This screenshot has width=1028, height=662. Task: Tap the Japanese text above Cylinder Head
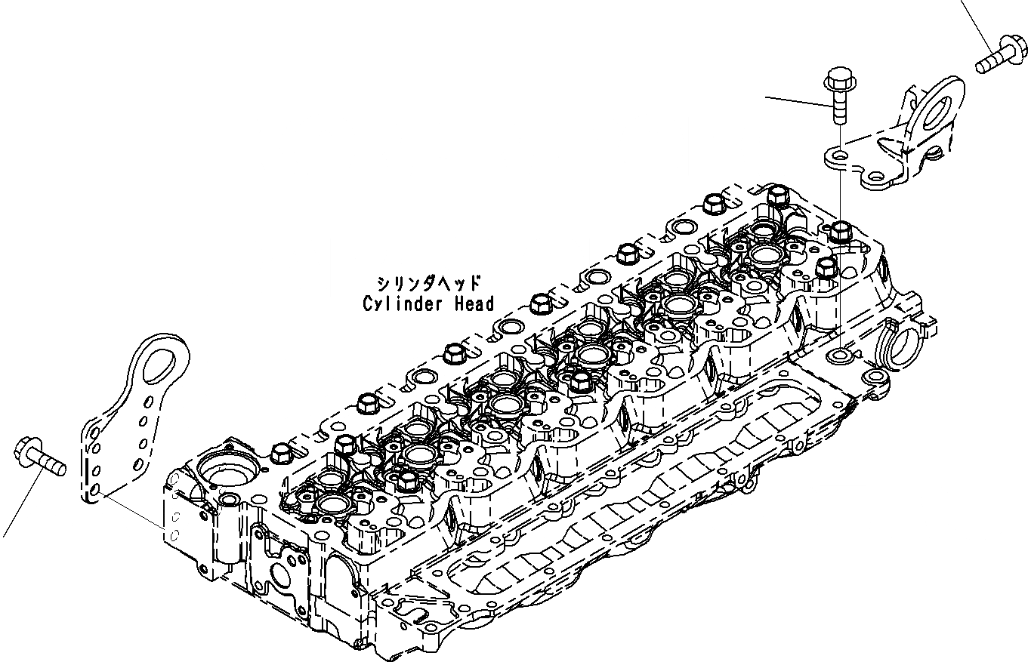428,284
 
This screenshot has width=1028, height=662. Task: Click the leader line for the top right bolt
974,19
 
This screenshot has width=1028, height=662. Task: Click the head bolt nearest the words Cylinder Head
539,303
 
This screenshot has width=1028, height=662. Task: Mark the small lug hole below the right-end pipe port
875,376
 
